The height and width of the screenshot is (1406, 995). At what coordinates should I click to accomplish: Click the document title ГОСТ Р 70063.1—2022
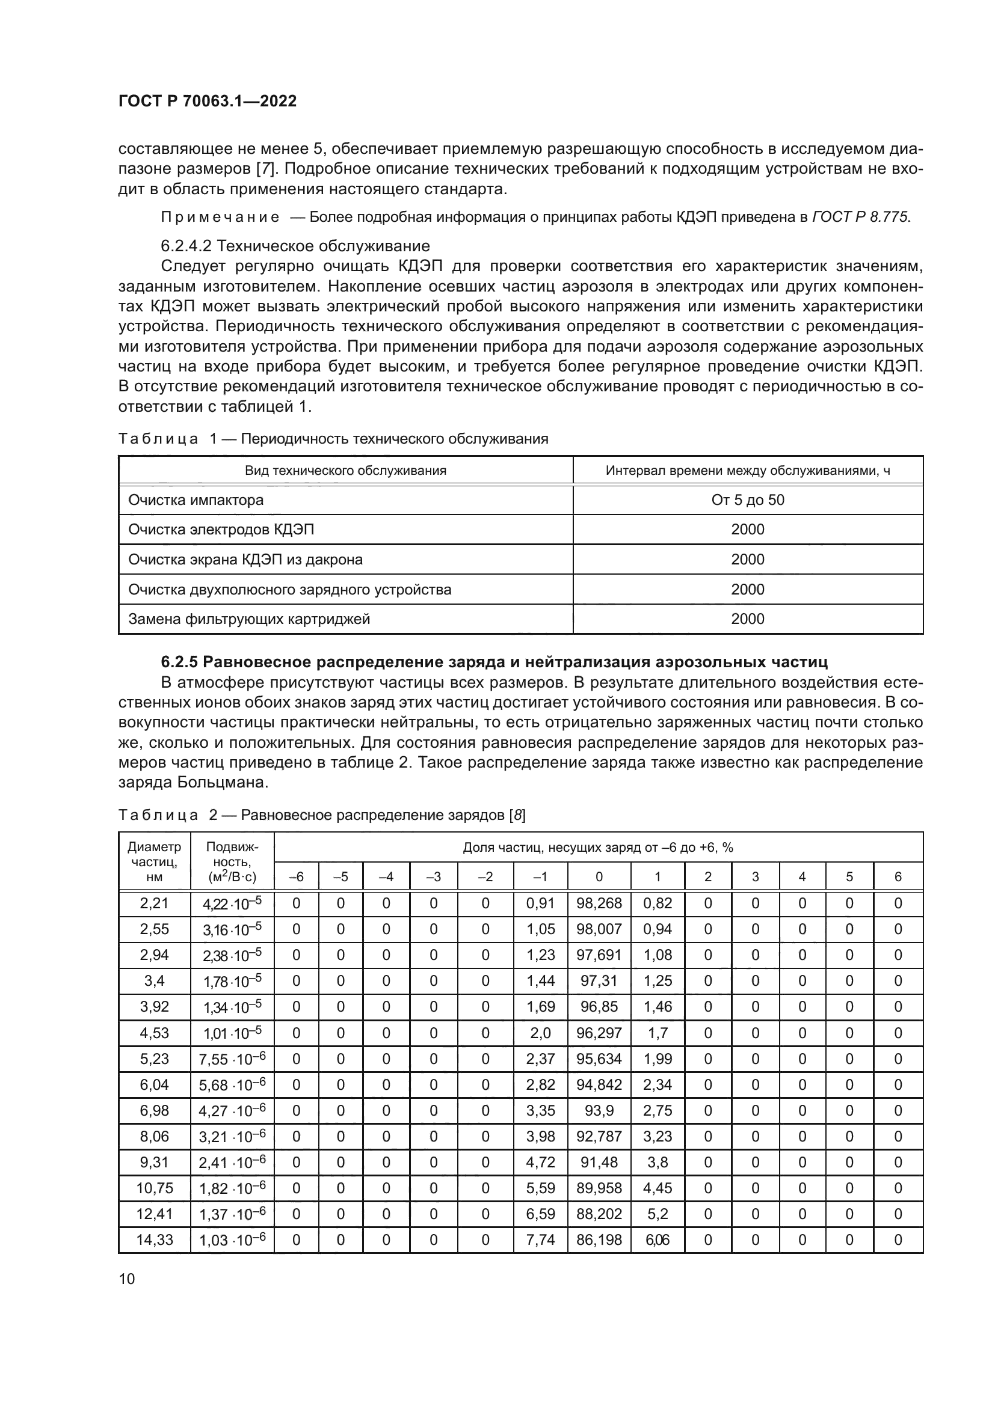207,101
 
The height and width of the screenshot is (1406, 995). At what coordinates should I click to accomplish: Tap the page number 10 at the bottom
126,1279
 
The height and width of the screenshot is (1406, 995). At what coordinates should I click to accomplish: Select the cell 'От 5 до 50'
748,500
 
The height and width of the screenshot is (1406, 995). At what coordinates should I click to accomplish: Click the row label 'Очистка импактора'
196,500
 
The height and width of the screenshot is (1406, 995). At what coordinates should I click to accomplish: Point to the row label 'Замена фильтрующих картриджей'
249,619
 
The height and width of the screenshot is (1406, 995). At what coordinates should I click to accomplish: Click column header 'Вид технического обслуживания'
345,470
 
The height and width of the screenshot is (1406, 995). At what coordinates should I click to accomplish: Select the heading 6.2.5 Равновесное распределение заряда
494,662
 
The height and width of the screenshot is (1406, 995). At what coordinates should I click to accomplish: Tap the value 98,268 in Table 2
599,903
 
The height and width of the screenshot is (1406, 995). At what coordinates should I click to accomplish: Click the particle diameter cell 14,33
155,1239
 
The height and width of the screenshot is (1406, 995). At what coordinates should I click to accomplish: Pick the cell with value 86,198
599,1239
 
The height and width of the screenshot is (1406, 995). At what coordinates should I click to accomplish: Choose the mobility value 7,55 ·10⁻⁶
232,1059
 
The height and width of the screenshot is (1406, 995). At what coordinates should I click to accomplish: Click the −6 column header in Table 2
296,876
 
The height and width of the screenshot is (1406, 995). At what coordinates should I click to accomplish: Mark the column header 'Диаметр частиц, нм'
155,861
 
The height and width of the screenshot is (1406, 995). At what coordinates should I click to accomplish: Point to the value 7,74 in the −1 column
540,1239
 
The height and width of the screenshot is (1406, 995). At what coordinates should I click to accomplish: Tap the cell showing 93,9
599,1110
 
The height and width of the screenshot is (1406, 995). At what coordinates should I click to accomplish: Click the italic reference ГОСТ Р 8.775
861,217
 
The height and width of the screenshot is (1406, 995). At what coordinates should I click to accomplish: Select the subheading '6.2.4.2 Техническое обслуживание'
295,246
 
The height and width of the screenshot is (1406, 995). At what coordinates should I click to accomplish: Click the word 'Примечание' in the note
220,217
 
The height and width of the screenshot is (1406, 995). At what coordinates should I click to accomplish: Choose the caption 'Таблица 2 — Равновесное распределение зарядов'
322,815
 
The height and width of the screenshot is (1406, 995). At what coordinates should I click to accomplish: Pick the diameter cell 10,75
155,1188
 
